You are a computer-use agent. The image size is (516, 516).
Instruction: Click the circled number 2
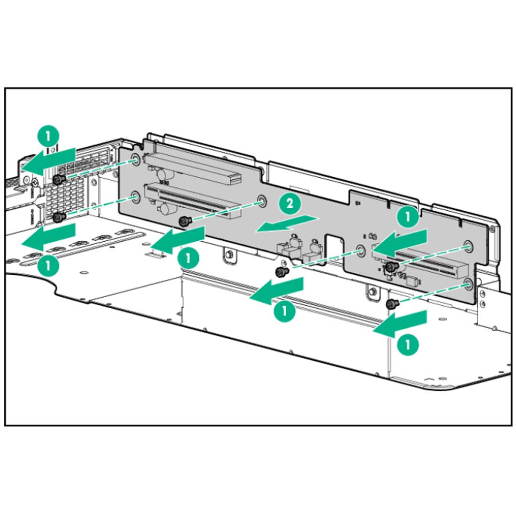point(290,204)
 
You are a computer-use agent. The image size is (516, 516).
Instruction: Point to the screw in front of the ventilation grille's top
point(59,179)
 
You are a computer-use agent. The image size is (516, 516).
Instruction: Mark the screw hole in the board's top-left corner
point(136,161)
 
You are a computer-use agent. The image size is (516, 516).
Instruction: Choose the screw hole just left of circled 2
point(261,201)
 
